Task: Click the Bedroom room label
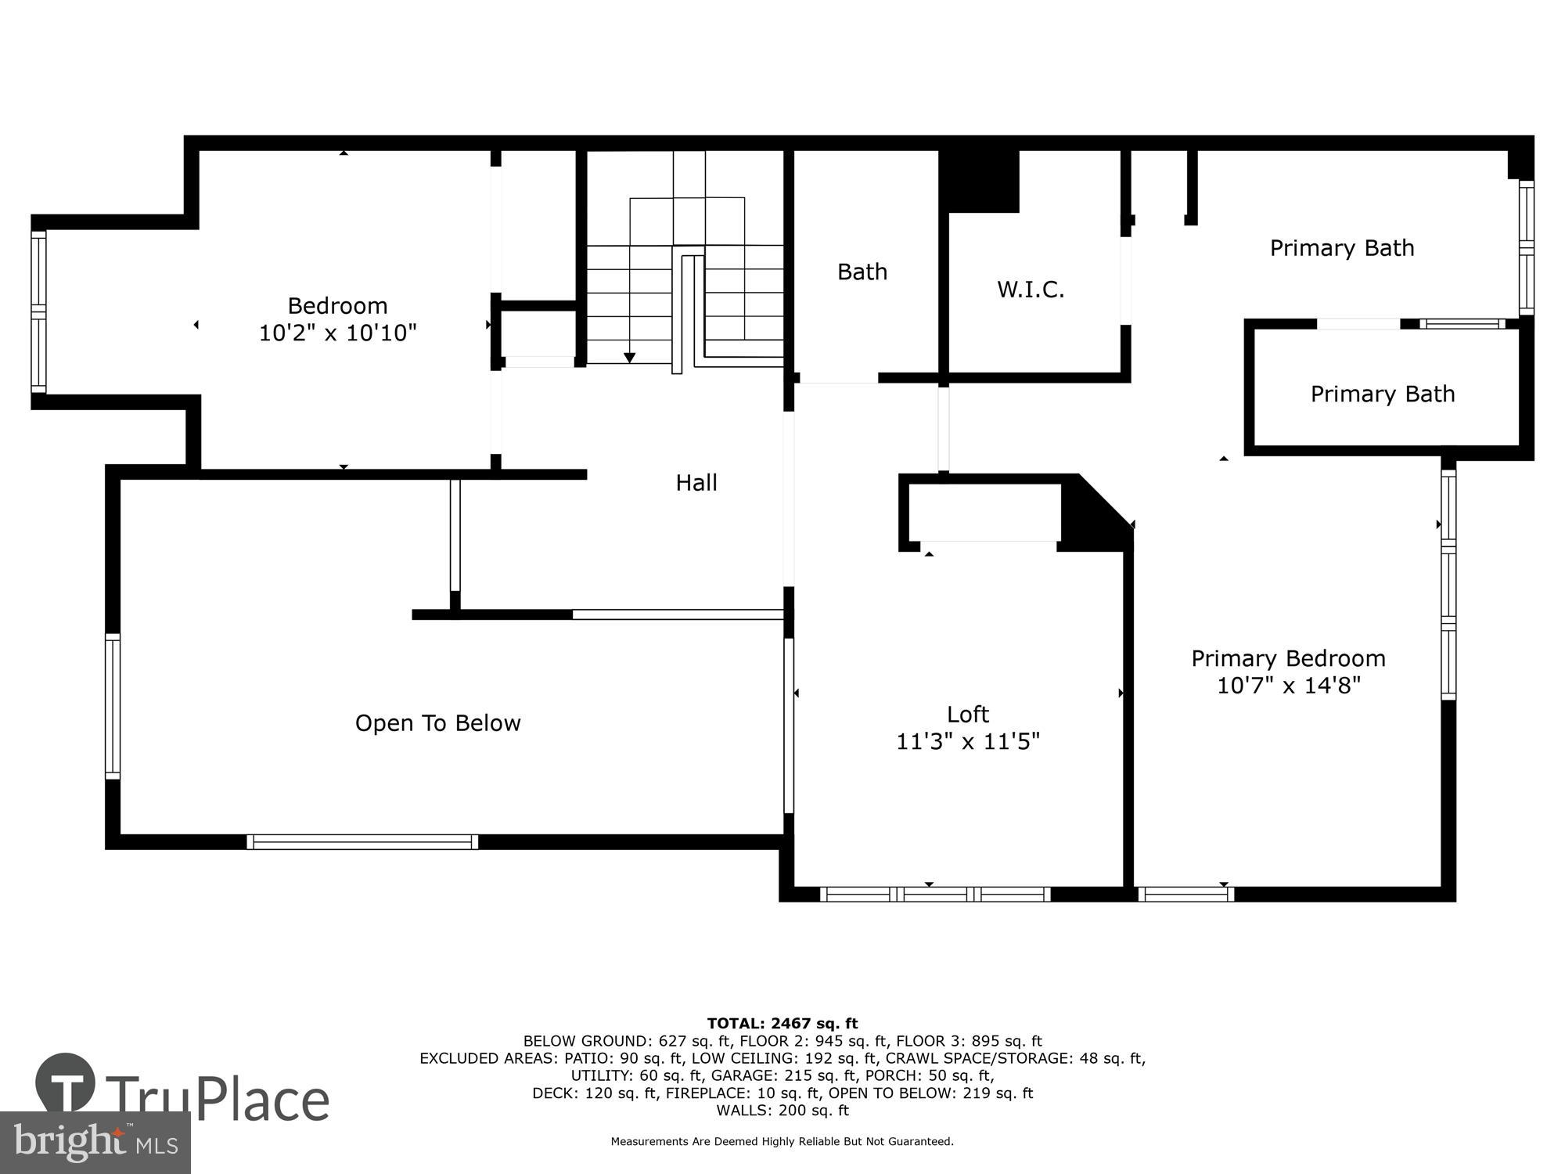pos(337,305)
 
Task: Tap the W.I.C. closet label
pos(1031,290)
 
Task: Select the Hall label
pos(696,483)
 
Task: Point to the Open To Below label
pos(437,723)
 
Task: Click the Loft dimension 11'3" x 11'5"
pos(968,741)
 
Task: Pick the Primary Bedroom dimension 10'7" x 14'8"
pos(1289,686)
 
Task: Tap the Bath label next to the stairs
pos(862,272)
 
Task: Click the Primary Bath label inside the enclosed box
pos(1383,394)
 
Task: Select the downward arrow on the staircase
pos(629,358)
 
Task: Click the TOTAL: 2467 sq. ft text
pos(782,1023)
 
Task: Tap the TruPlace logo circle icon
pos(66,1084)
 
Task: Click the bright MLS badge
pos(95,1143)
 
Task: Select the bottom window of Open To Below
pos(362,842)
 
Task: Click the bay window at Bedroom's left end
pos(38,312)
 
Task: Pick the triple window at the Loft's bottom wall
pos(935,894)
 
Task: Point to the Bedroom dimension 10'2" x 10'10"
pos(337,333)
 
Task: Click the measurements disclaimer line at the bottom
pos(782,1142)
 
